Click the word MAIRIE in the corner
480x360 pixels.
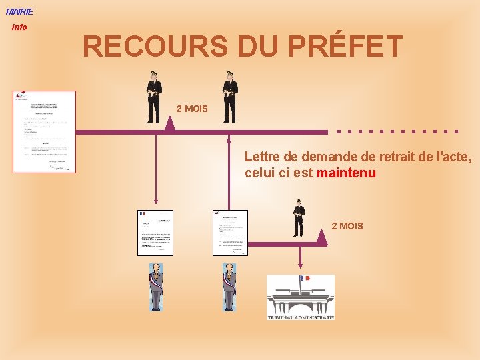[x=19, y=11]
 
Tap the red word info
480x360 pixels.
[x=19, y=27]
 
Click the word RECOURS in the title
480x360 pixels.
[x=143, y=47]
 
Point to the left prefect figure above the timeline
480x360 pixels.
[x=154, y=97]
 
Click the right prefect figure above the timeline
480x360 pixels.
[x=230, y=97]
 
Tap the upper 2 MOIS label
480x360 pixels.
[x=192, y=109]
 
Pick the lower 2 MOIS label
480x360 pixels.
[x=347, y=226]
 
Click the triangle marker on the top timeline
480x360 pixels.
[x=170, y=124]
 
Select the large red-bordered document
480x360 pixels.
[x=44, y=132]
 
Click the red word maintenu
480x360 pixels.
[x=347, y=173]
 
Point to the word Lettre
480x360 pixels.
[x=263, y=157]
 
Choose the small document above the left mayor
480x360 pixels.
[x=155, y=233]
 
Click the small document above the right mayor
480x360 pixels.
[x=230, y=233]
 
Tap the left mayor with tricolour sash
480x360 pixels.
[x=155, y=287]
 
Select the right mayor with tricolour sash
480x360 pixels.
[x=229, y=287]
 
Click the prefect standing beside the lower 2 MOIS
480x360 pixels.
[x=299, y=217]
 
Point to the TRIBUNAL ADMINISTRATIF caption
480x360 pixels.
[x=301, y=317]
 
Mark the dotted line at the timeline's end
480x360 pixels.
[x=398, y=131]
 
